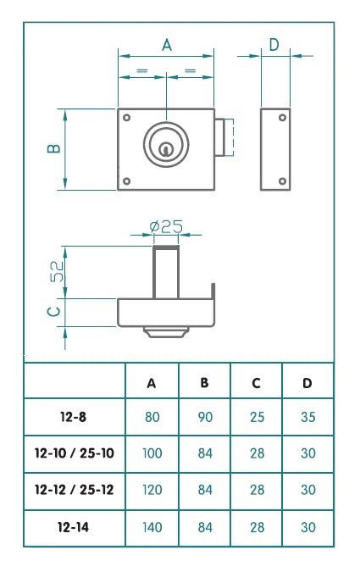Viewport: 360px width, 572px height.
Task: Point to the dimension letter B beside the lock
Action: coord(53,149)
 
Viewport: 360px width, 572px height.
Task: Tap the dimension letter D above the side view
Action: coord(274,45)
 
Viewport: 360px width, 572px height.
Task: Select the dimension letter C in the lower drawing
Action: coord(53,312)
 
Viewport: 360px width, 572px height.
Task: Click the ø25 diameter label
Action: coord(166,226)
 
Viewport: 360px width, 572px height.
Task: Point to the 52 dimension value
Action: coord(55,271)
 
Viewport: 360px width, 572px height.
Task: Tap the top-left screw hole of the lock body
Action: coord(126,117)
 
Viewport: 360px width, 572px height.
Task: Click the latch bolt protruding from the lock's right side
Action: coord(223,138)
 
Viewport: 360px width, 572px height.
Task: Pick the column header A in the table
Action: coord(152,383)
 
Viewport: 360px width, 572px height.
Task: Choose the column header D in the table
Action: coord(307,383)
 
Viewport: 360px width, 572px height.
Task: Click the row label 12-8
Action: coord(75,418)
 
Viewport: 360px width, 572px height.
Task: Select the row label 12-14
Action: coord(75,527)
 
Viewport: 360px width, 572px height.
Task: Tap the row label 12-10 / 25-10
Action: coord(75,454)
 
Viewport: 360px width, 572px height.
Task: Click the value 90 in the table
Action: coord(204,418)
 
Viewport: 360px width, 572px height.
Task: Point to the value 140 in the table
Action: coord(152,527)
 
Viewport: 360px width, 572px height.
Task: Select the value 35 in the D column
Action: coord(307,418)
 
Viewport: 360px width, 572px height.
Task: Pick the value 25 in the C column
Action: coord(256,418)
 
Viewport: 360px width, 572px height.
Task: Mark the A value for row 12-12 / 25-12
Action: coord(152,491)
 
